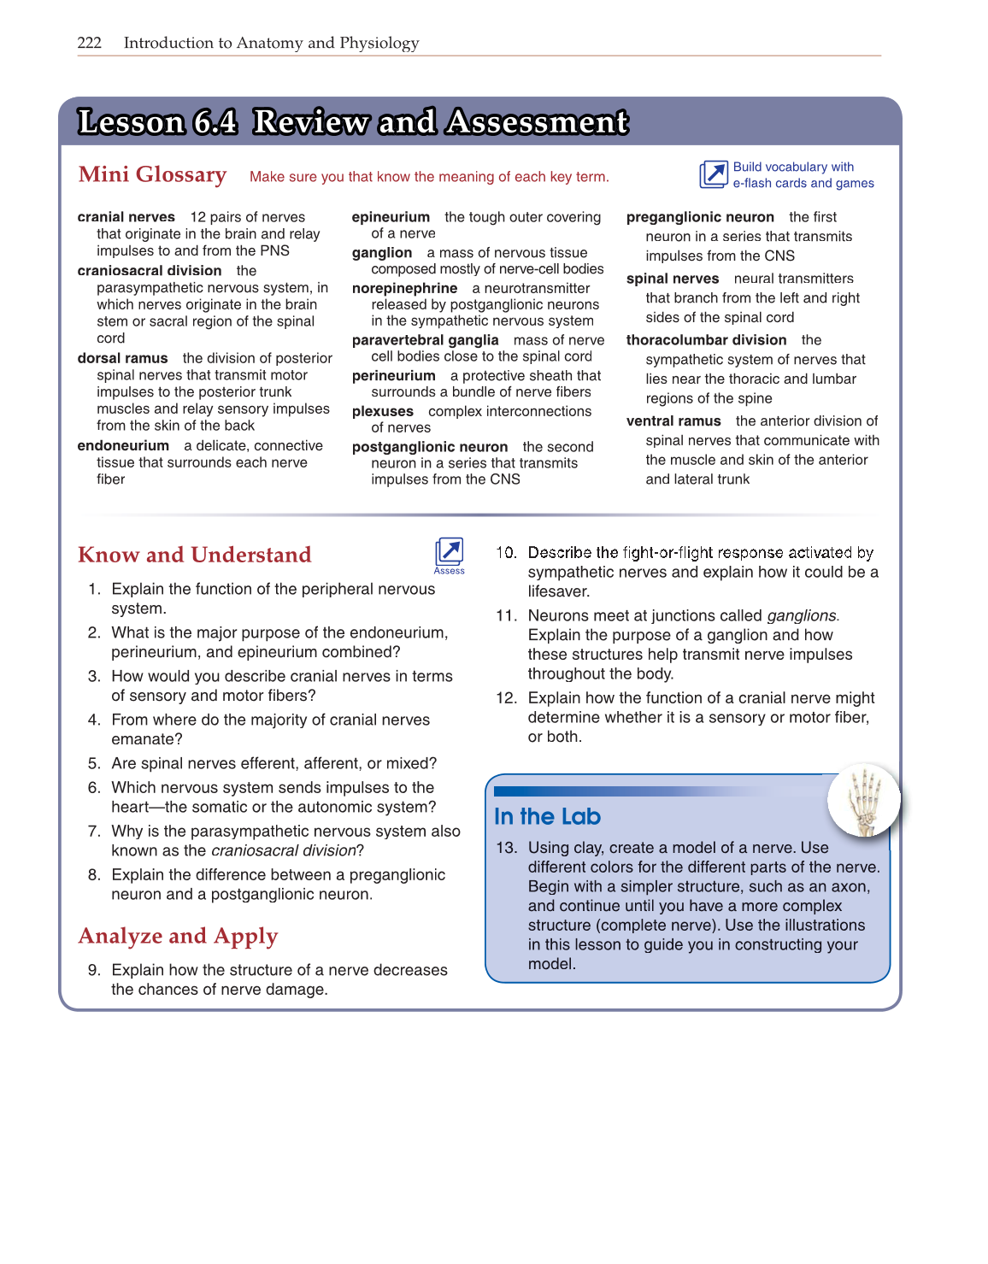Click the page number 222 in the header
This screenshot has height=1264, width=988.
tap(89, 43)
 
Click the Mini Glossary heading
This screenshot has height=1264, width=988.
tap(152, 174)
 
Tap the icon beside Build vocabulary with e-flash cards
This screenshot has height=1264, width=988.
tap(713, 174)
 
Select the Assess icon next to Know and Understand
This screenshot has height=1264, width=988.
tap(449, 553)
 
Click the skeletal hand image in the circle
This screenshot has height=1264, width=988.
tap(864, 799)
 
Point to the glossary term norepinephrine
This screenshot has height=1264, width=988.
tap(404, 289)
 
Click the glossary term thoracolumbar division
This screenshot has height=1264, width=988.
tap(706, 340)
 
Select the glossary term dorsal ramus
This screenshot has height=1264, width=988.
tap(122, 359)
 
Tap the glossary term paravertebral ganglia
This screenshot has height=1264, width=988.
tap(425, 340)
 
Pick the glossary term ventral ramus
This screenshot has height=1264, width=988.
tap(673, 421)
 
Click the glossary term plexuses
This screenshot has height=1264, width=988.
tap(382, 412)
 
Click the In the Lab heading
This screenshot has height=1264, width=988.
tap(547, 817)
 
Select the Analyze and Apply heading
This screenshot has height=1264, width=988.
tap(178, 936)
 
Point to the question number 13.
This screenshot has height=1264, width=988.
tap(506, 848)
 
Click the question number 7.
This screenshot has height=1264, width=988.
tap(94, 832)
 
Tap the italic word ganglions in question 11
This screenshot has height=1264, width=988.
tap(802, 616)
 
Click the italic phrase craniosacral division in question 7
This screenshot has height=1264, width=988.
tap(283, 851)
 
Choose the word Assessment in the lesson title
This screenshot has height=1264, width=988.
tap(538, 122)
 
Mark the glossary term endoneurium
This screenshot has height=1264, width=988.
tap(123, 446)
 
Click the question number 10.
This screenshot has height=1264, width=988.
tap(506, 553)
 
